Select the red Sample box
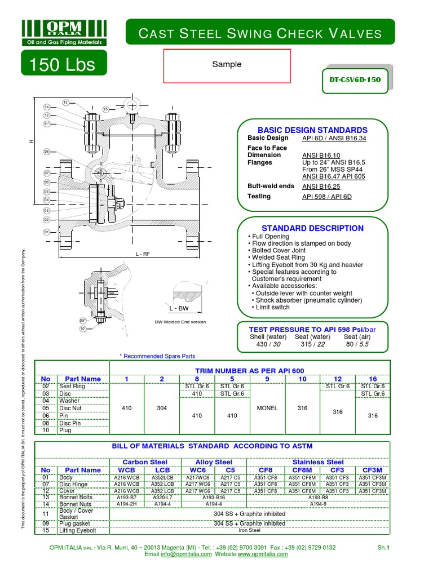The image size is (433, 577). (227, 65)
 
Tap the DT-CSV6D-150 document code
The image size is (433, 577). (355, 79)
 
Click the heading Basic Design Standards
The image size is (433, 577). (312, 130)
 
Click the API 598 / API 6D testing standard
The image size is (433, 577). (326, 197)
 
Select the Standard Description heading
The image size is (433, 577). (313, 228)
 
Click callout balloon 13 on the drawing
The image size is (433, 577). (65, 102)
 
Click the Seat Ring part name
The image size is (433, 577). (72, 386)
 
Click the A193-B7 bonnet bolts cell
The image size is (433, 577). (127, 498)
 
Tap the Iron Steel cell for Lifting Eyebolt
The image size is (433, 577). (249, 530)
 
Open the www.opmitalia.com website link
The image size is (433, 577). (262, 554)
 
